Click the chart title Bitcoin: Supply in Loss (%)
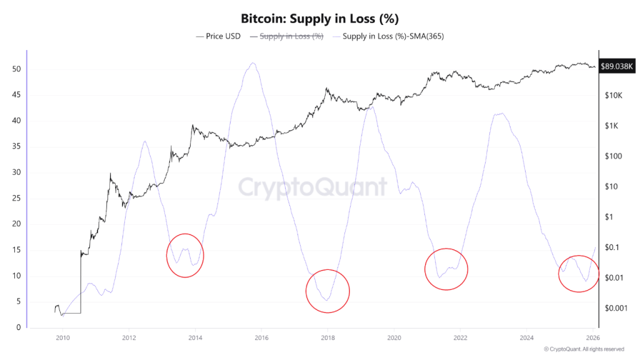tap(319, 17)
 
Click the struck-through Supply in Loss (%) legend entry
tap(291, 36)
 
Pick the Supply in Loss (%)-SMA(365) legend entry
tap(393, 36)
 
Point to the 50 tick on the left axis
tap(17, 69)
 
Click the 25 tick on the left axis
tap(17, 198)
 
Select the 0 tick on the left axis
tap(19, 327)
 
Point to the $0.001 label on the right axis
tap(615, 308)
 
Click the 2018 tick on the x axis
tap(327, 337)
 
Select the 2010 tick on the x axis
tap(62, 337)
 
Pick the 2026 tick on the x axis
tap(593, 337)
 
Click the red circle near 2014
tap(185, 255)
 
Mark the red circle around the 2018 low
tap(327, 291)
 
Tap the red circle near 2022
tap(446, 269)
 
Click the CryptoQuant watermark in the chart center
tap(312, 187)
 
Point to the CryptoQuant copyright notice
tap(584, 349)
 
